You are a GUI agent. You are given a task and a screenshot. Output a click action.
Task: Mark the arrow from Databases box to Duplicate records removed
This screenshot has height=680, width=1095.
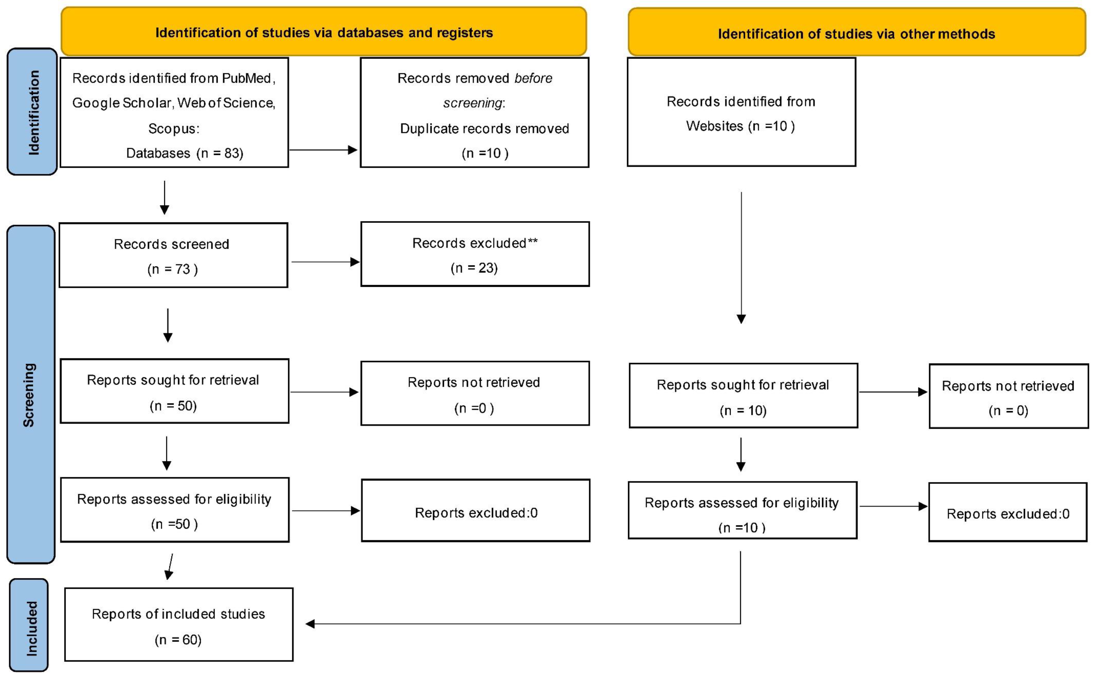tap(323, 150)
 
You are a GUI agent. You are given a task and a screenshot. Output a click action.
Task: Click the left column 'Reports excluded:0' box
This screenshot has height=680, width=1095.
tap(475, 510)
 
